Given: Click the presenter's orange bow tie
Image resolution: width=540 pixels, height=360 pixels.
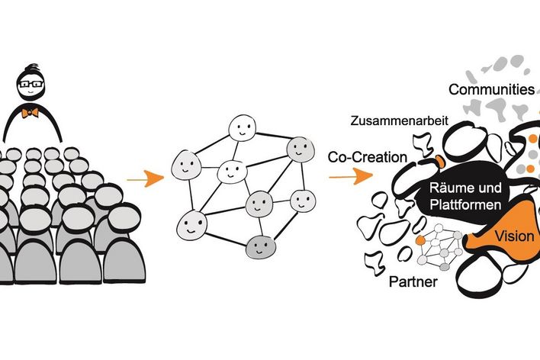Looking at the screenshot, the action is click(x=30, y=113).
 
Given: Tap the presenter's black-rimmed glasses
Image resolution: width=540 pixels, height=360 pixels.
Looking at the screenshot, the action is click(x=31, y=84).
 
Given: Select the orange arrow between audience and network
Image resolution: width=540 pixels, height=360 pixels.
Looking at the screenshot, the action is click(x=145, y=178).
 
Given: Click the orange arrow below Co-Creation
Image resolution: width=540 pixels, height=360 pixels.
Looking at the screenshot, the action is click(x=351, y=176).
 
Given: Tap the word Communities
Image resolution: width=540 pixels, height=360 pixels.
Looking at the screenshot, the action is click(x=491, y=89).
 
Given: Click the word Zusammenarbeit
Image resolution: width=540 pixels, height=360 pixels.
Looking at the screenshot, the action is click(x=400, y=121).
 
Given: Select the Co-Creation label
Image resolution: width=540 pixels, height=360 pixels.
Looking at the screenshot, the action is click(x=368, y=157).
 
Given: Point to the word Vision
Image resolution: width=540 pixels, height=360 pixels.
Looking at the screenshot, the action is click(x=514, y=236).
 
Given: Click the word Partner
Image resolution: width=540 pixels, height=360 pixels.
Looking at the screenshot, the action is click(x=413, y=281).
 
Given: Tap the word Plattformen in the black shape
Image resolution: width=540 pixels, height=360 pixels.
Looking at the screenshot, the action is click(x=465, y=204).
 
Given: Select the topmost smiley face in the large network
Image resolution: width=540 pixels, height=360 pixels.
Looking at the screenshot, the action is click(x=242, y=128).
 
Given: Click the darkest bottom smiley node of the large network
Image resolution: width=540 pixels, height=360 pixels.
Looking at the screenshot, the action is click(x=261, y=247).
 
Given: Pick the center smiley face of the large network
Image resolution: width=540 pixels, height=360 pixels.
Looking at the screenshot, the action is click(x=232, y=172).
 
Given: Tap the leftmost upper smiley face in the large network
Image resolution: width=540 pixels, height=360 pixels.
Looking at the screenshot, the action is click(x=186, y=165).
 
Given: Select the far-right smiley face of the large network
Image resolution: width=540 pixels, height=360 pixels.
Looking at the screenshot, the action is click(x=303, y=201).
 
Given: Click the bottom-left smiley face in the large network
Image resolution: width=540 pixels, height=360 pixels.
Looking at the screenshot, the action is click(x=191, y=226).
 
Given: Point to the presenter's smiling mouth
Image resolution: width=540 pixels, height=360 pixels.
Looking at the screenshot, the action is click(x=31, y=92).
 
